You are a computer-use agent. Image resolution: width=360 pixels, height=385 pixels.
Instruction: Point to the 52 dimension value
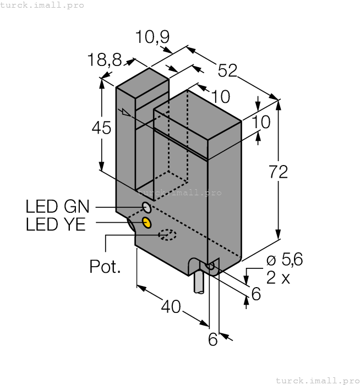click(227, 70)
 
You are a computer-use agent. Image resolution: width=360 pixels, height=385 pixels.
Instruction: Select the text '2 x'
click(278, 278)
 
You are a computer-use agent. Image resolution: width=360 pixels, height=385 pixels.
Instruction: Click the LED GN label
click(57, 207)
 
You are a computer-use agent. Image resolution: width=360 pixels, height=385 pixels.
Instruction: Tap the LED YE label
click(56, 224)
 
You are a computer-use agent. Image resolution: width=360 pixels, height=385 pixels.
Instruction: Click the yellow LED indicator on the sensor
click(147, 222)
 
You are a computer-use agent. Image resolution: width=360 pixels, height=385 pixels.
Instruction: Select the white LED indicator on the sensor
click(147, 207)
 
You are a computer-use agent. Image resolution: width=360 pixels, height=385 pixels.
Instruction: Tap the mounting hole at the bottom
click(210, 266)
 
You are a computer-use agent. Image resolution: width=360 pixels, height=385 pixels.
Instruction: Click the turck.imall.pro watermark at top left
click(42, 5)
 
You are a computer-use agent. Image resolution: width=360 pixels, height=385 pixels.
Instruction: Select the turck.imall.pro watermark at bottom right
click(317, 380)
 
